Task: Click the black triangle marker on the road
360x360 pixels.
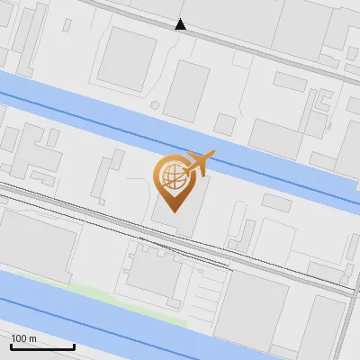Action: click(x=181, y=24)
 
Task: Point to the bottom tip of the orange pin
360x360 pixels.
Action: click(x=174, y=211)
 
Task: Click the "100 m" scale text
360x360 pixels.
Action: click(x=23, y=337)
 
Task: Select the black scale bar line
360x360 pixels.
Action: click(x=41, y=346)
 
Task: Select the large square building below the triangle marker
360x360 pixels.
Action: click(x=127, y=58)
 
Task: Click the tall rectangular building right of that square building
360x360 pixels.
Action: click(x=186, y=91)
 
